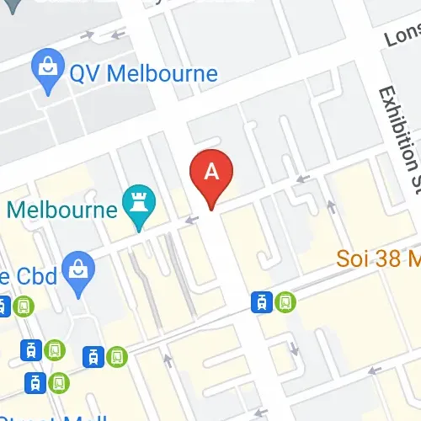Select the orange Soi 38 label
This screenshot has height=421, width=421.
click(x=378, y=258)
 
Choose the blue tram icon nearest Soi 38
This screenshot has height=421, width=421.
click(x=263, y=301)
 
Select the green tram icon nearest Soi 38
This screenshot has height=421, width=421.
click(x=285, y=301)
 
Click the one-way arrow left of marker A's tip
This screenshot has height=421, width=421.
click(x=192, y=221)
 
